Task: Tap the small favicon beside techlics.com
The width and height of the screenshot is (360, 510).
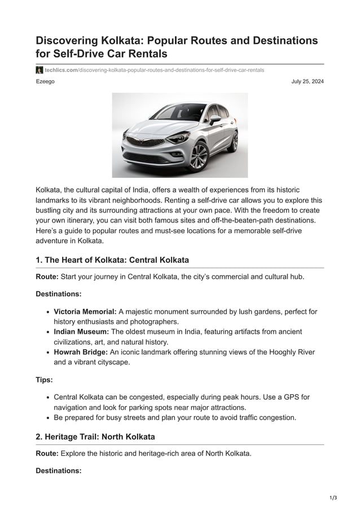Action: pos(39,70)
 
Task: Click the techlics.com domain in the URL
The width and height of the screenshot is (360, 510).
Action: pos(61,70)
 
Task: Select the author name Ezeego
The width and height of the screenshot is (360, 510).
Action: pos(45,82)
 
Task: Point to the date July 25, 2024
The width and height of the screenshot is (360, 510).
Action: pos(308,82)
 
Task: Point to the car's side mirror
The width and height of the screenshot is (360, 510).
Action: pos(214,119)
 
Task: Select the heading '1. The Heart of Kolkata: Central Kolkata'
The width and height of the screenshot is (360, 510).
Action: pos(112,260)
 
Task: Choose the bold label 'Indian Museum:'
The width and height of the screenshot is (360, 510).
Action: pos(81,332)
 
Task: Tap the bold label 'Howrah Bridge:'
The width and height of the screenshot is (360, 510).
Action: pos(81,352)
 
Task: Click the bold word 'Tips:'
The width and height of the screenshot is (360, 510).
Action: pos(44,380)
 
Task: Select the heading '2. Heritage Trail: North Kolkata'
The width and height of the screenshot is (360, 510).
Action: pos(95,437)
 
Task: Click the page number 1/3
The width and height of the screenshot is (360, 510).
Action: pos(333,498)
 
